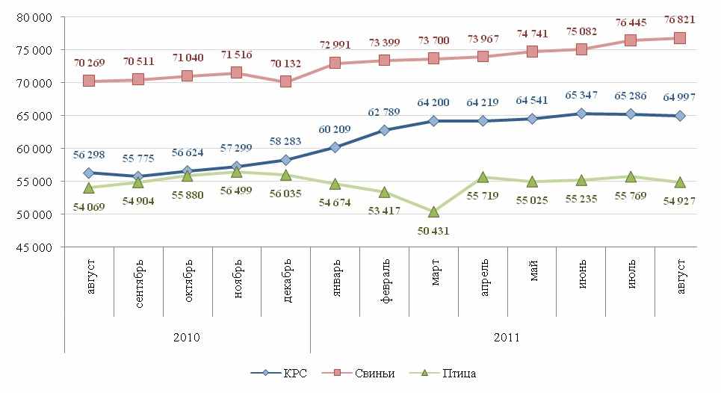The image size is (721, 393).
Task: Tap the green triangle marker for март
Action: point(434,211)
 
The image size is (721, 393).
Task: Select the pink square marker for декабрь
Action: point(286,81)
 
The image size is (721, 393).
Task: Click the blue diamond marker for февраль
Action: point(385,130)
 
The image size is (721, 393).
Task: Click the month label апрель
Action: point(483,279)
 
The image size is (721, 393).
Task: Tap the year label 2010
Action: point(187,337)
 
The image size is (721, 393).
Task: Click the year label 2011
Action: point(507,337)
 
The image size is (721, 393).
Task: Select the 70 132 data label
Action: point(285,64)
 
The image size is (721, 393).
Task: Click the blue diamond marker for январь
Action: point(335,147)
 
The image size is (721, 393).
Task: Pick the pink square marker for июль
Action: point(631,40)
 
